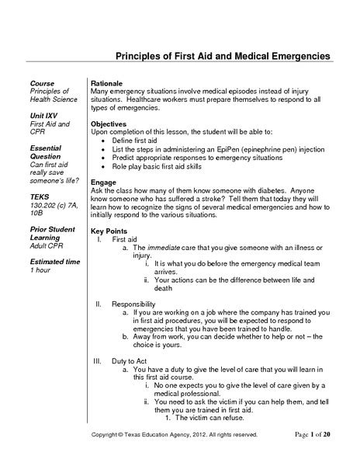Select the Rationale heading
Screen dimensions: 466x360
coord(108,82)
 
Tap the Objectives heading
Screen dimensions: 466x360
coord(109,124)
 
